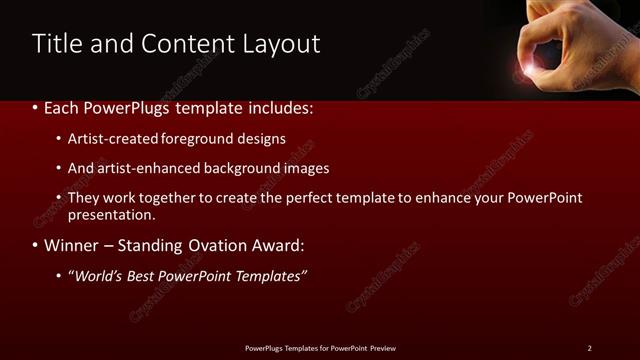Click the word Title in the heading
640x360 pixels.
point(56,44)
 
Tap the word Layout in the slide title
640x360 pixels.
point(279,44)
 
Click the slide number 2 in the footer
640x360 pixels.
point(589,348)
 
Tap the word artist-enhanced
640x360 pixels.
point(145,169)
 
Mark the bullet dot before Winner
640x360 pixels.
point(36,246)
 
